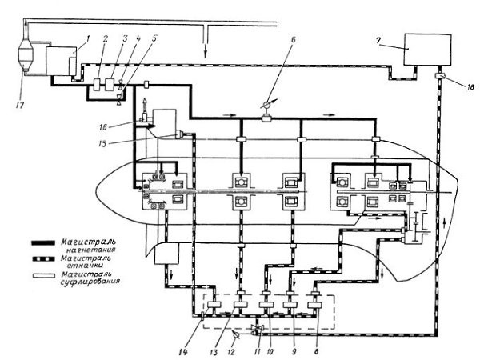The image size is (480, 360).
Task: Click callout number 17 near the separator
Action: (x=20, y=106)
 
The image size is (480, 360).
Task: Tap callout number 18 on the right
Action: (x=470, y=87)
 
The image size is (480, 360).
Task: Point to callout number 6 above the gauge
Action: (x=294, y=40)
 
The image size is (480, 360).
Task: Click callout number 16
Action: (x=103, y=126)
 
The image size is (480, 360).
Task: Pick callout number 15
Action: (x=102, y=143)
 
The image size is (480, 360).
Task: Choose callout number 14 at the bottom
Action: (x=183, y=352)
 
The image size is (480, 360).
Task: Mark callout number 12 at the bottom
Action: (x=231, y=352)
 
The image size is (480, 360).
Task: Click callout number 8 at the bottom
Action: (x=317, y=352)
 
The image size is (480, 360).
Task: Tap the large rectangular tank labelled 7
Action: (x=428, y=50)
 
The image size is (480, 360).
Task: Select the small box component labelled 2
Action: (x=98, y=84)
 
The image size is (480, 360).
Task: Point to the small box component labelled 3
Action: (x=110, y=84)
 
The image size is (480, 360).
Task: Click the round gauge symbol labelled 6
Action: (x=266, y=105)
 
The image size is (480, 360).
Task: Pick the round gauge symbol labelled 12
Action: (x=236, y=335)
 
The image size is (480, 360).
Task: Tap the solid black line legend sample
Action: (x=43, y=243)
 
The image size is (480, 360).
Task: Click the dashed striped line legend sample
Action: (x=43, y=259)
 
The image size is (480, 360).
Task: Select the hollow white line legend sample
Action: (x=44, y=275)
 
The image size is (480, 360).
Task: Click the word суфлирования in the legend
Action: (x=90, y=281)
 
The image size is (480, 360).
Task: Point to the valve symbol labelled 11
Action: (x=256, y=329)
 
